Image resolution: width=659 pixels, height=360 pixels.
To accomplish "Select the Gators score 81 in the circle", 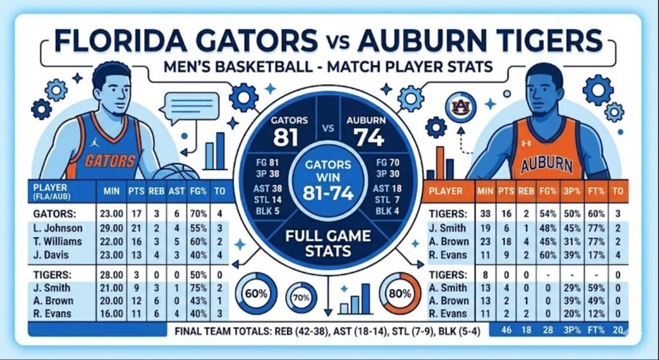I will click(x=284, y=137).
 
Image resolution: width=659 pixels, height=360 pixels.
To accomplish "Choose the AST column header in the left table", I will click(x=175, y=191).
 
